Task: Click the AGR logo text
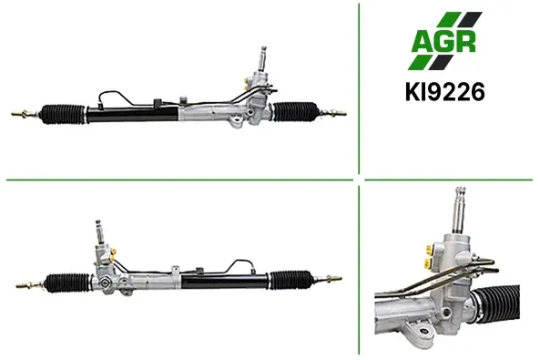click(444, 41)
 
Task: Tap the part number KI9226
click(445, 92)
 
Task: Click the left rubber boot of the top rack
click(64, 113)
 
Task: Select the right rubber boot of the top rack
click(295, 111)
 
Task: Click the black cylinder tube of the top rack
click(133, 114)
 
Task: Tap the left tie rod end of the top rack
click(25, 114)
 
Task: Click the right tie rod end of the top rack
click(332, 113)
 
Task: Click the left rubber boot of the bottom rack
click(68, 283)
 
